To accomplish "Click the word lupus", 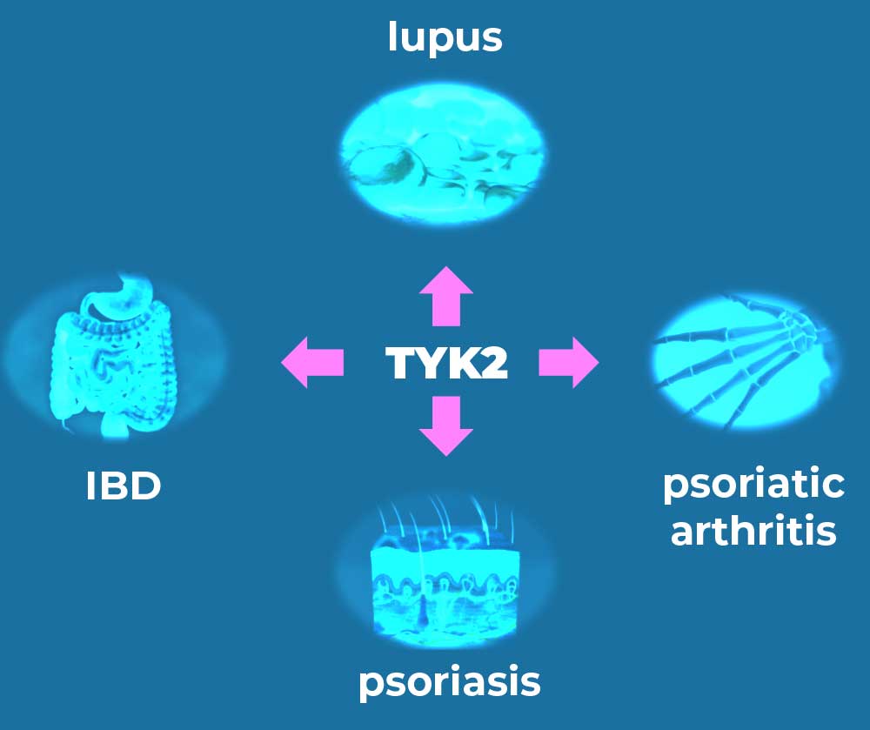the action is [445, 37].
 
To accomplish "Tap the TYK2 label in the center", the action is [446, 363].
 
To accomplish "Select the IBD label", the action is [124, 486].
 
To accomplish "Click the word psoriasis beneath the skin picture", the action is [450, 681].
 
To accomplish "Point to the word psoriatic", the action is [753, 485].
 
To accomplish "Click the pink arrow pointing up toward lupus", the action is [446, 296].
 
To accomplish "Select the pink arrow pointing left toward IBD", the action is [312, 362].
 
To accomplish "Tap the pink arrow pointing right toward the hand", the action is [569, 362].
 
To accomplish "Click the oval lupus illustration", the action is [443, 156].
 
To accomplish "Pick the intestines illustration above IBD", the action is [114, 355].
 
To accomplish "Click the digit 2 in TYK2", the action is [492, 363].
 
